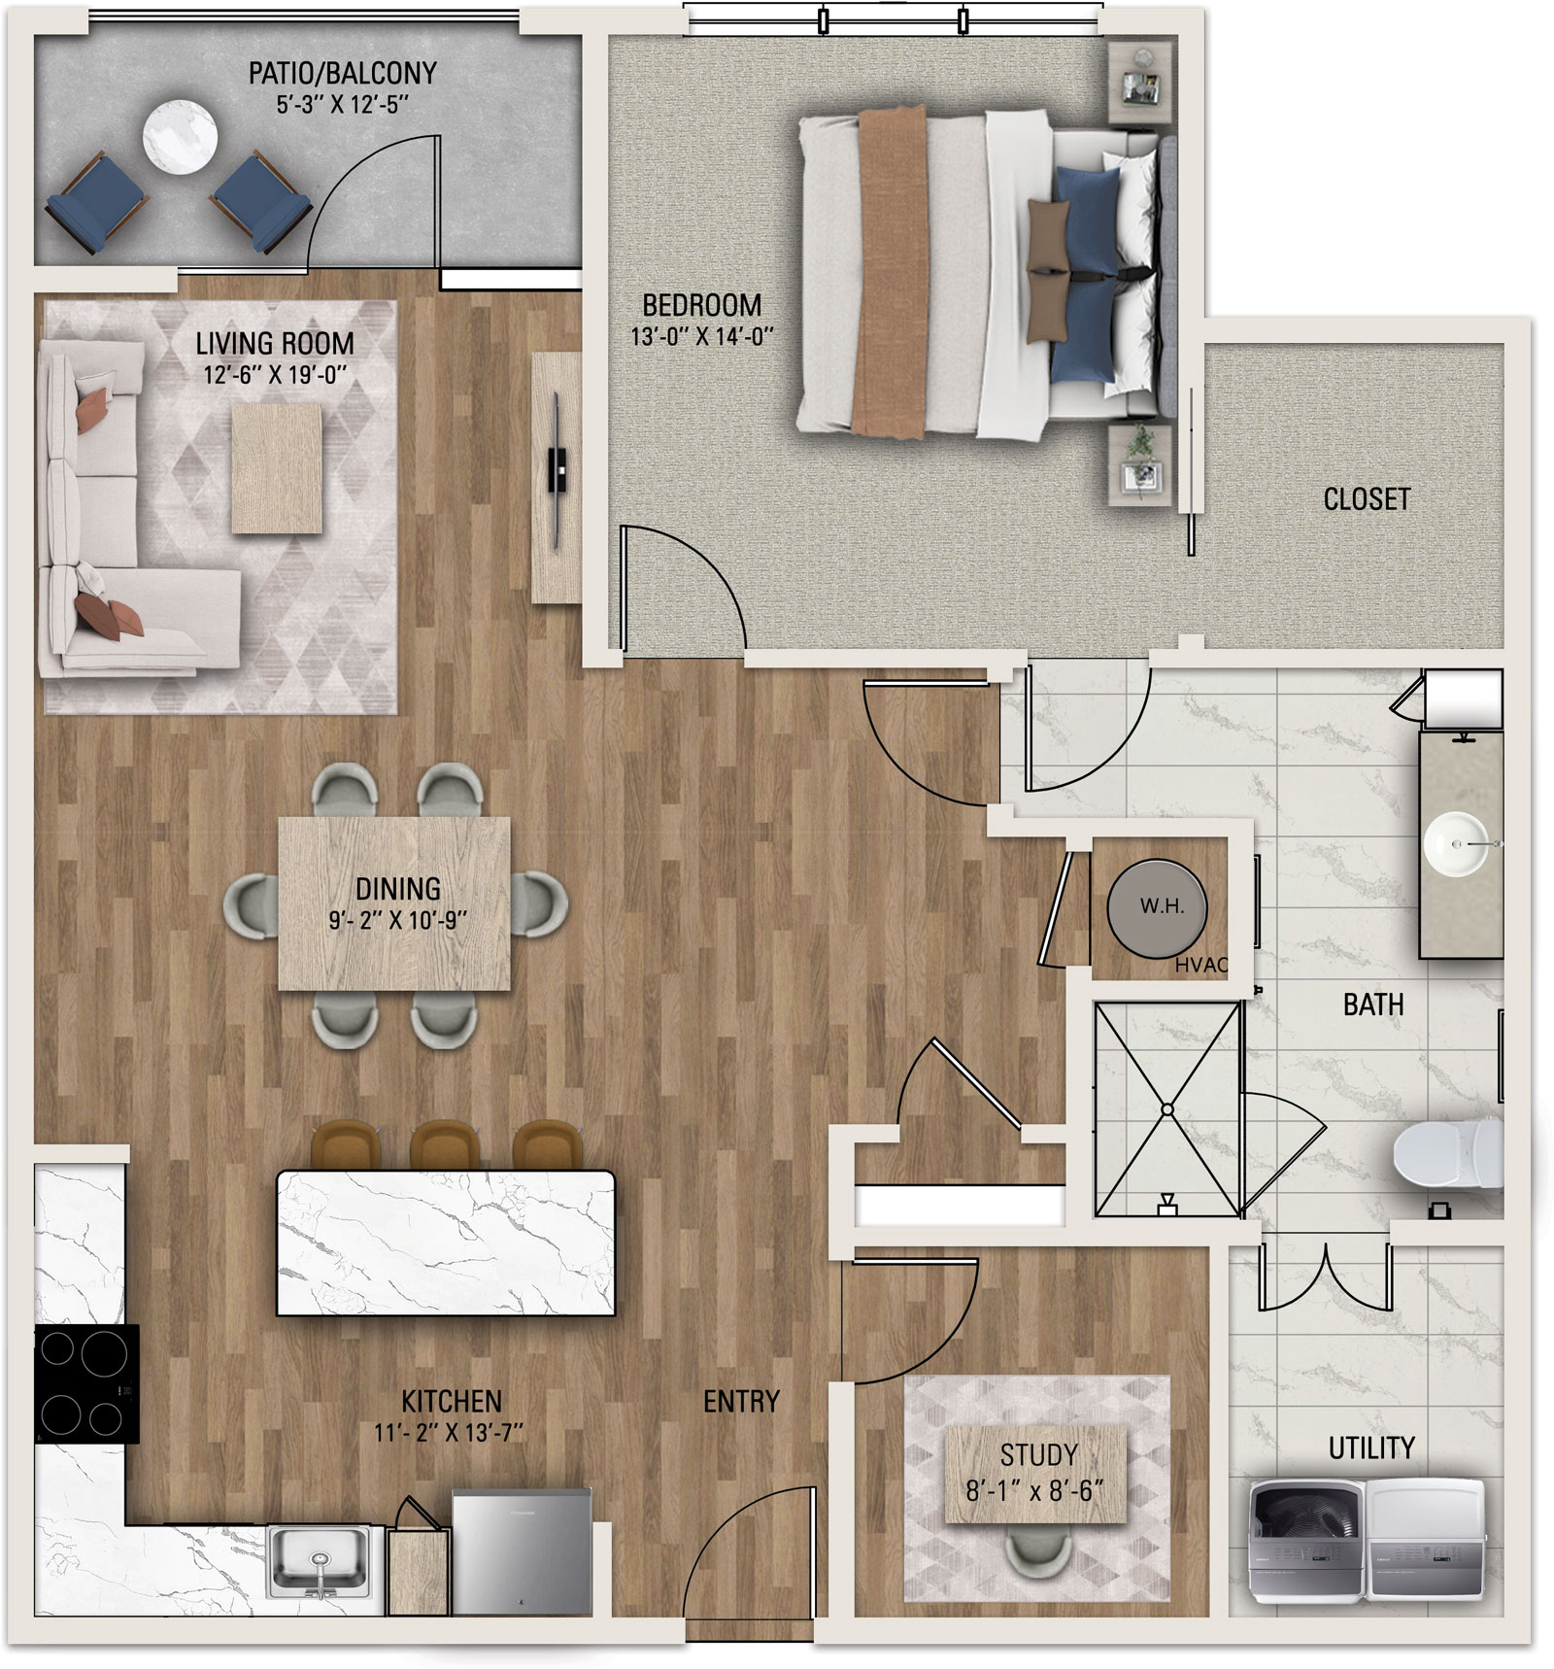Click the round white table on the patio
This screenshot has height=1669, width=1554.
[180, 136]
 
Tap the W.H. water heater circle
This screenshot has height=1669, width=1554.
[1158, 907]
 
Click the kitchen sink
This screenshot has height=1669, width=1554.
[319, 1562]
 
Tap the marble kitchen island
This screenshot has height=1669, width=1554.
[446, 1243]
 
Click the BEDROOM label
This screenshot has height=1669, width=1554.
[702, 305]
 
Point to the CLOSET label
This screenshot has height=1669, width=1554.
[1367, 499]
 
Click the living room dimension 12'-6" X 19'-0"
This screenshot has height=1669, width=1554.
[275, 375]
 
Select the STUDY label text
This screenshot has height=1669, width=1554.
[1039, 1454]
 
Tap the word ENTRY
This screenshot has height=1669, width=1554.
[741, 1401]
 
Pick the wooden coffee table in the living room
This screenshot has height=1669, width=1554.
[277, 469]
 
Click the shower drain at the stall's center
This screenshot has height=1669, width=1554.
[1167, 1109]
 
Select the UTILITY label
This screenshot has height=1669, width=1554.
[1371, 1448]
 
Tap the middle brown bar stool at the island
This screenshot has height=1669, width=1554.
[444, 1144]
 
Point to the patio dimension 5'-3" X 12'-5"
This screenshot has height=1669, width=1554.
[342, 104]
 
